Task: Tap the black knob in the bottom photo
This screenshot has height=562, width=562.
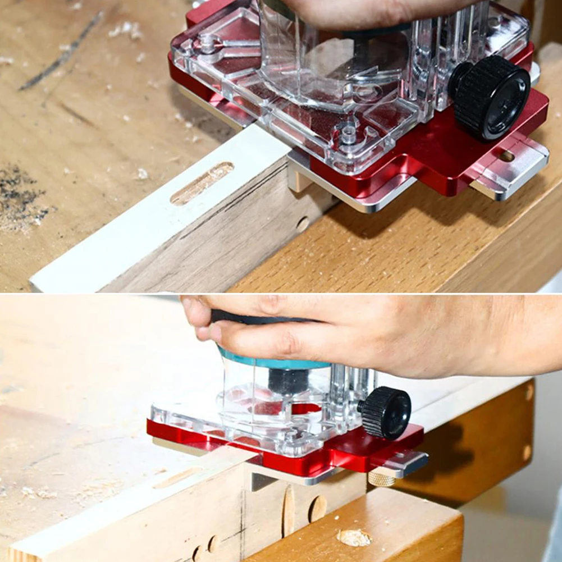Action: point(386,412)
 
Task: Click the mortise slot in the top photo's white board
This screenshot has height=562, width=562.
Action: point(202,183)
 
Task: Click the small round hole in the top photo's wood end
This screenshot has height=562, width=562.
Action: point(303,224)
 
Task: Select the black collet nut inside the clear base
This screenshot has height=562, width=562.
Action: point(288,381)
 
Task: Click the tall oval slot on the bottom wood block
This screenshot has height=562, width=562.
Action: point(288,510)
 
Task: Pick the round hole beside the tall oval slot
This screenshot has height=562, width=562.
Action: point(318,509)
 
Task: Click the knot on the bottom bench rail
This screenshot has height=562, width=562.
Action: point(354,537)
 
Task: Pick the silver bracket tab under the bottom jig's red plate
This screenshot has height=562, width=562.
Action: point(258,480)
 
